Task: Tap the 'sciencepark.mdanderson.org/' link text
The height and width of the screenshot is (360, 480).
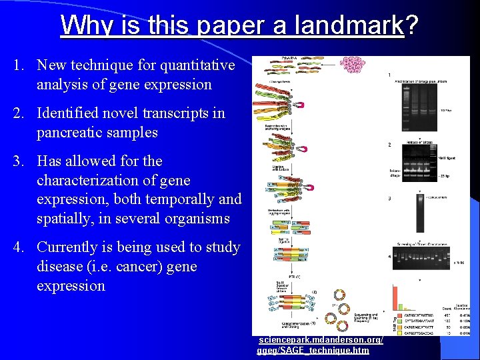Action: pos(321,340)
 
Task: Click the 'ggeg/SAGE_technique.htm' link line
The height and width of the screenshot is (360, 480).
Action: pos(313,350)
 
